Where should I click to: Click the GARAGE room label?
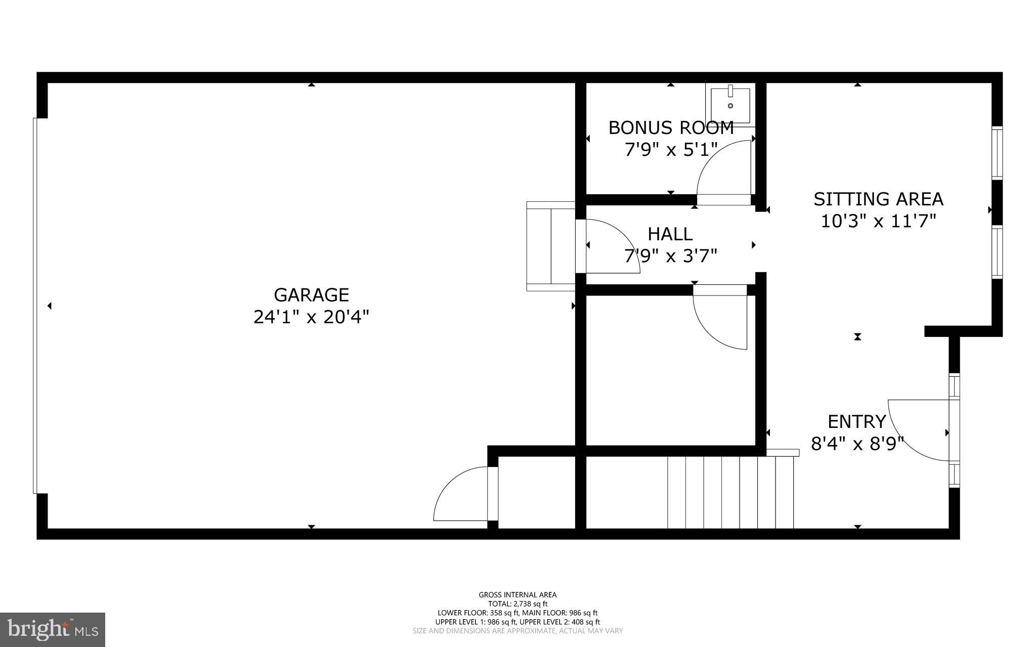[311, 295]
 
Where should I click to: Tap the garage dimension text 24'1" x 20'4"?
[311, 317]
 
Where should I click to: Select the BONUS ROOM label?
[671, 128]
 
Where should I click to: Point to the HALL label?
[670, 234]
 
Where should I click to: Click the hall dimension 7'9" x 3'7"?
[670, 256]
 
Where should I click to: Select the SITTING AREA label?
[878, 199]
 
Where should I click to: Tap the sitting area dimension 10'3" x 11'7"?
[878, 222]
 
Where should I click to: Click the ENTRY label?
[856, 421]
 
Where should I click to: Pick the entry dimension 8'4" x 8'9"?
[857, 444]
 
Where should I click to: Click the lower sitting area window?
[997, 251]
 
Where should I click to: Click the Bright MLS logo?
[53, 629]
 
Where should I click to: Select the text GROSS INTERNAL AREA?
[517, 595]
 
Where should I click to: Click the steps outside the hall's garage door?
[550, 246]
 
